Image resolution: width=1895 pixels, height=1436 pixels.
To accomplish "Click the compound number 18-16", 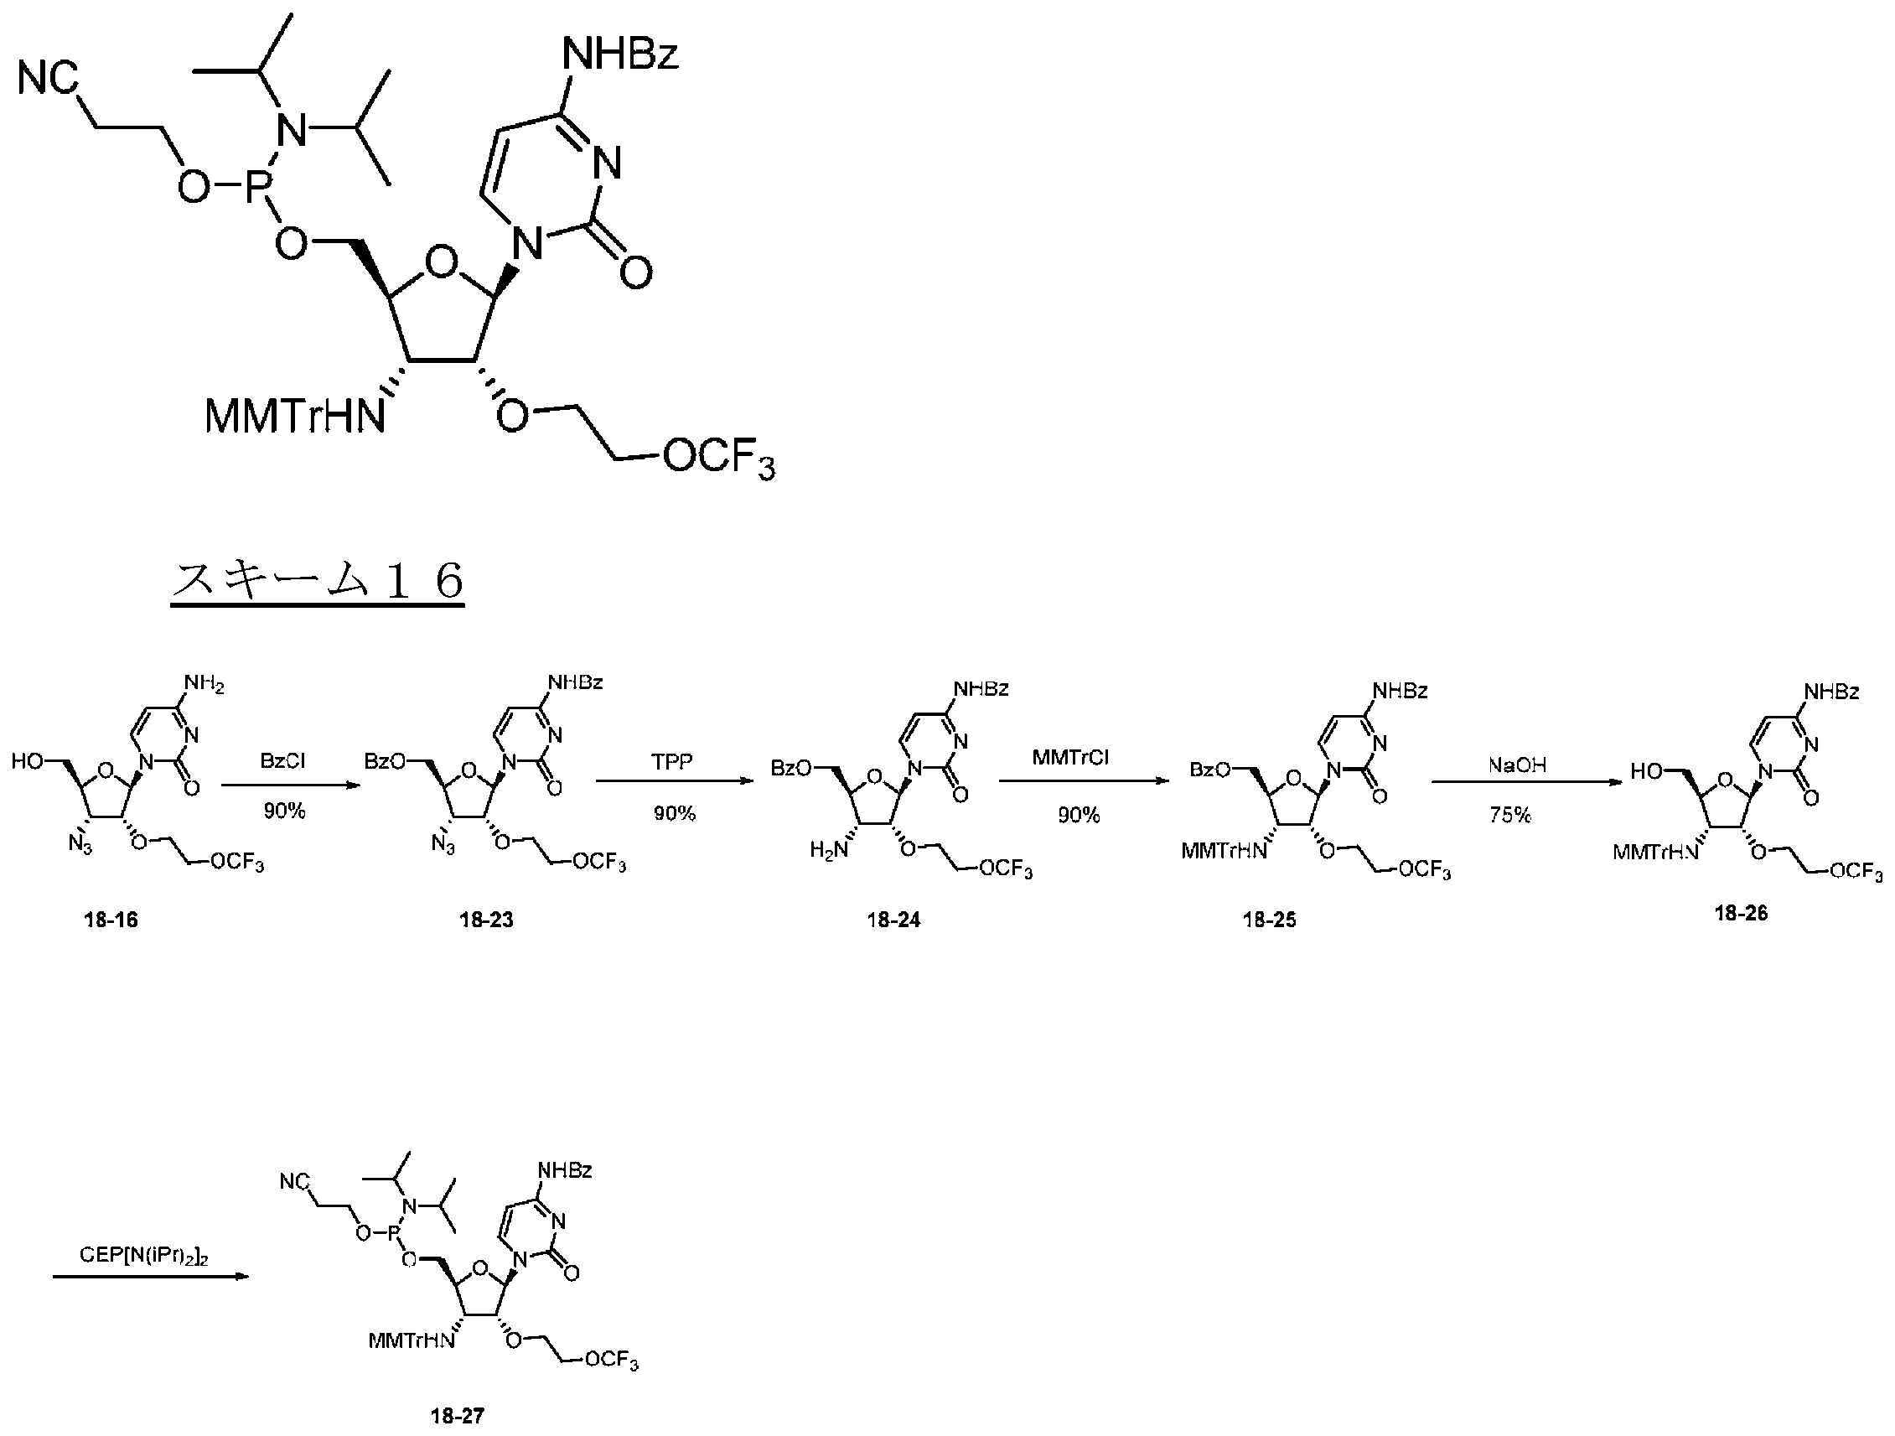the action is coord(111,920).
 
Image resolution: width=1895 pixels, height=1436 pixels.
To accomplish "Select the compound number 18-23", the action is coord(487,920).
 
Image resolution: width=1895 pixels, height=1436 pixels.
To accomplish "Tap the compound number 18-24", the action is coord(893,920).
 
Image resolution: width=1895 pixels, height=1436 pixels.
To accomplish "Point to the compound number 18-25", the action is coord(1270,920).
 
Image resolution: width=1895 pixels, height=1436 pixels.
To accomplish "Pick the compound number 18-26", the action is coord(1741,914).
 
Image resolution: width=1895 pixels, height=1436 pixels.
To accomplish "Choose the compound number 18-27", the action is coord(458,1416).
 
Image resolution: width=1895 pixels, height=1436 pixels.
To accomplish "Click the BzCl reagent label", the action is coord(282,761).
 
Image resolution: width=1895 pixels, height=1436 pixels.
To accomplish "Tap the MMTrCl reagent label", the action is coord(1070,758).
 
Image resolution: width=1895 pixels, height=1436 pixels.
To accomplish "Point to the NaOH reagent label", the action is coord(1517,765).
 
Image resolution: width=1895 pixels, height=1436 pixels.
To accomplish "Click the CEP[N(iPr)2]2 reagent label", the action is coord(145,1256).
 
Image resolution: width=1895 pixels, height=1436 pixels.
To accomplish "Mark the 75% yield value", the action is coord(1509,815).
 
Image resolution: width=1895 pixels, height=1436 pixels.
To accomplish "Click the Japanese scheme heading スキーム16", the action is coord(318,580).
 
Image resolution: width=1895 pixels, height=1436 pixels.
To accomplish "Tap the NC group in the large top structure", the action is coord(48,79).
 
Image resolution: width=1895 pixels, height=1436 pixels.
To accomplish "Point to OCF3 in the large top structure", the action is coord(719,459).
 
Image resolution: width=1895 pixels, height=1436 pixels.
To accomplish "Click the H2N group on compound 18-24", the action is coord(829,851).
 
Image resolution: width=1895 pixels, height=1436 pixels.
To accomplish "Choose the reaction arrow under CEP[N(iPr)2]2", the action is coord(151,1278).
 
